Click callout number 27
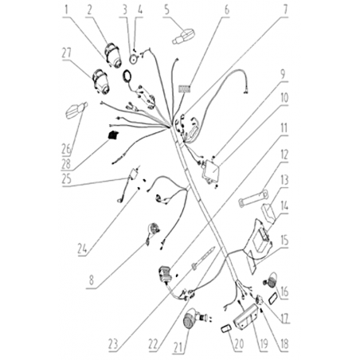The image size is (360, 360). point(67,53)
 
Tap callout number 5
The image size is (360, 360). point(166,10)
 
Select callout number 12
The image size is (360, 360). point(284,155)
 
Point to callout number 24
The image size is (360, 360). point(82,248)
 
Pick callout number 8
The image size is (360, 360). point(92,280)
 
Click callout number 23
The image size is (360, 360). point(113,344)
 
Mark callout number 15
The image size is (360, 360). point(284,241)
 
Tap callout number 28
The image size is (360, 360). point(66,164)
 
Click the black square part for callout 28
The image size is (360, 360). point(114,135)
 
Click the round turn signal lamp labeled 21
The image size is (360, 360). point(190,318)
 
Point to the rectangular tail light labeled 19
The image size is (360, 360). point(245,318)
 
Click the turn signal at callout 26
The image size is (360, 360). point(76,110)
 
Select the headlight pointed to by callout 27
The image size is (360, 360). point(101,82)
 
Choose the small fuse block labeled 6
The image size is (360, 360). point(185,88)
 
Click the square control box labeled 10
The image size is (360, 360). point(211,170)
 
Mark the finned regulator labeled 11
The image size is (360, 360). point(165,274)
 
